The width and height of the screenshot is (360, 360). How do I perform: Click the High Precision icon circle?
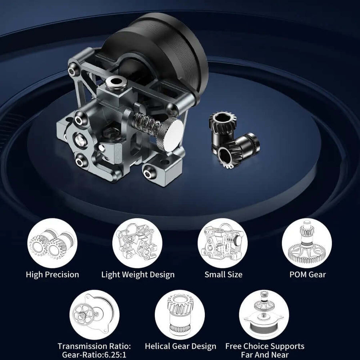(x=52, y=243)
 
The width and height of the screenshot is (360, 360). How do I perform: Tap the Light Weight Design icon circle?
(x=137, y=243)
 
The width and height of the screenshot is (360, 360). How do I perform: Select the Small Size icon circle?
(x=222, y=243)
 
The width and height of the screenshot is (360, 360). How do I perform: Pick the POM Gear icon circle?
(x=307, y=243)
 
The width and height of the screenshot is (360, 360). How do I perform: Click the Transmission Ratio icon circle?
(x=94, y=314)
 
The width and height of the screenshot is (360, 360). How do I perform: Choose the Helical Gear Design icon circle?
(x=180, y=314)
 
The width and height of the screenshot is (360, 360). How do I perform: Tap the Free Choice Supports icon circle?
(x=264, y=314)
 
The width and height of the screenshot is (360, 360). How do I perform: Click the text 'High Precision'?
(x=52, y=274)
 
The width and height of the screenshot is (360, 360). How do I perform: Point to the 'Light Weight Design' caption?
(x=138, y=275)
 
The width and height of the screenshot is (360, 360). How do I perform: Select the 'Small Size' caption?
(x=223, y=274)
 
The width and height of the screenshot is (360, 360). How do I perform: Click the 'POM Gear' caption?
(x=308, y=274)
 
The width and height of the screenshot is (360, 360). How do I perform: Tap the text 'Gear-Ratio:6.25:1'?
(x=94, y=355)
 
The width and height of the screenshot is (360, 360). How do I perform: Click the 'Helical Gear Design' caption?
(x=180, y=346)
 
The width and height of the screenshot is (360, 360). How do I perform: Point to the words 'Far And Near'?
(x=265, y=355)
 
